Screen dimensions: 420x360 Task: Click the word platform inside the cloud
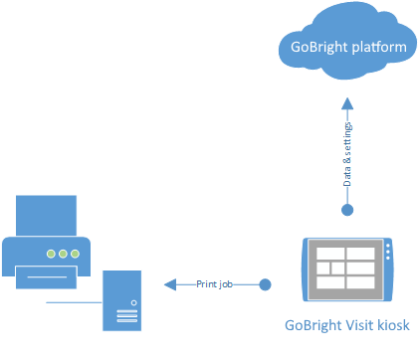pos(379,48)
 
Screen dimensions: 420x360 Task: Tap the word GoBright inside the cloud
pos(319,48)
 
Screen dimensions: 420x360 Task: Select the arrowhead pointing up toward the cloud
pos(347,103)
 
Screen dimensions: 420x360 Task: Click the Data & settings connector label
pos(347,154)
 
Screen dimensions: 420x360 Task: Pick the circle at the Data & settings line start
pos(347,210)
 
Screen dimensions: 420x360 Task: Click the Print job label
pos(214,284)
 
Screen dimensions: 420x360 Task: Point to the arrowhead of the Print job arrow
pos(170,284)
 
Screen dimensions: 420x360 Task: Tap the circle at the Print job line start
pos(265,284)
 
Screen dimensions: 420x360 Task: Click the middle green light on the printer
pos(63,254)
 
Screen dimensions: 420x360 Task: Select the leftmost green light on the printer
pos(51,254)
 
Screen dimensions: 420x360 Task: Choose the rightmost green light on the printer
pos(76,254)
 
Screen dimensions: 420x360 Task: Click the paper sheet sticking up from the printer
pos(46,216)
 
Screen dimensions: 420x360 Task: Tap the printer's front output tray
pos(47,277)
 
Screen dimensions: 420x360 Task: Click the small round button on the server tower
pos(134,302)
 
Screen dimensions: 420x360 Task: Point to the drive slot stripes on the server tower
pos(127,316)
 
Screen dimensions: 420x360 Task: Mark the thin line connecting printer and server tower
pos(74,302)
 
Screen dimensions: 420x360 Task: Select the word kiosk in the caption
pos(393,325)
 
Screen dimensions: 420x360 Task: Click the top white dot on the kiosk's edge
pos(388,246)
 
